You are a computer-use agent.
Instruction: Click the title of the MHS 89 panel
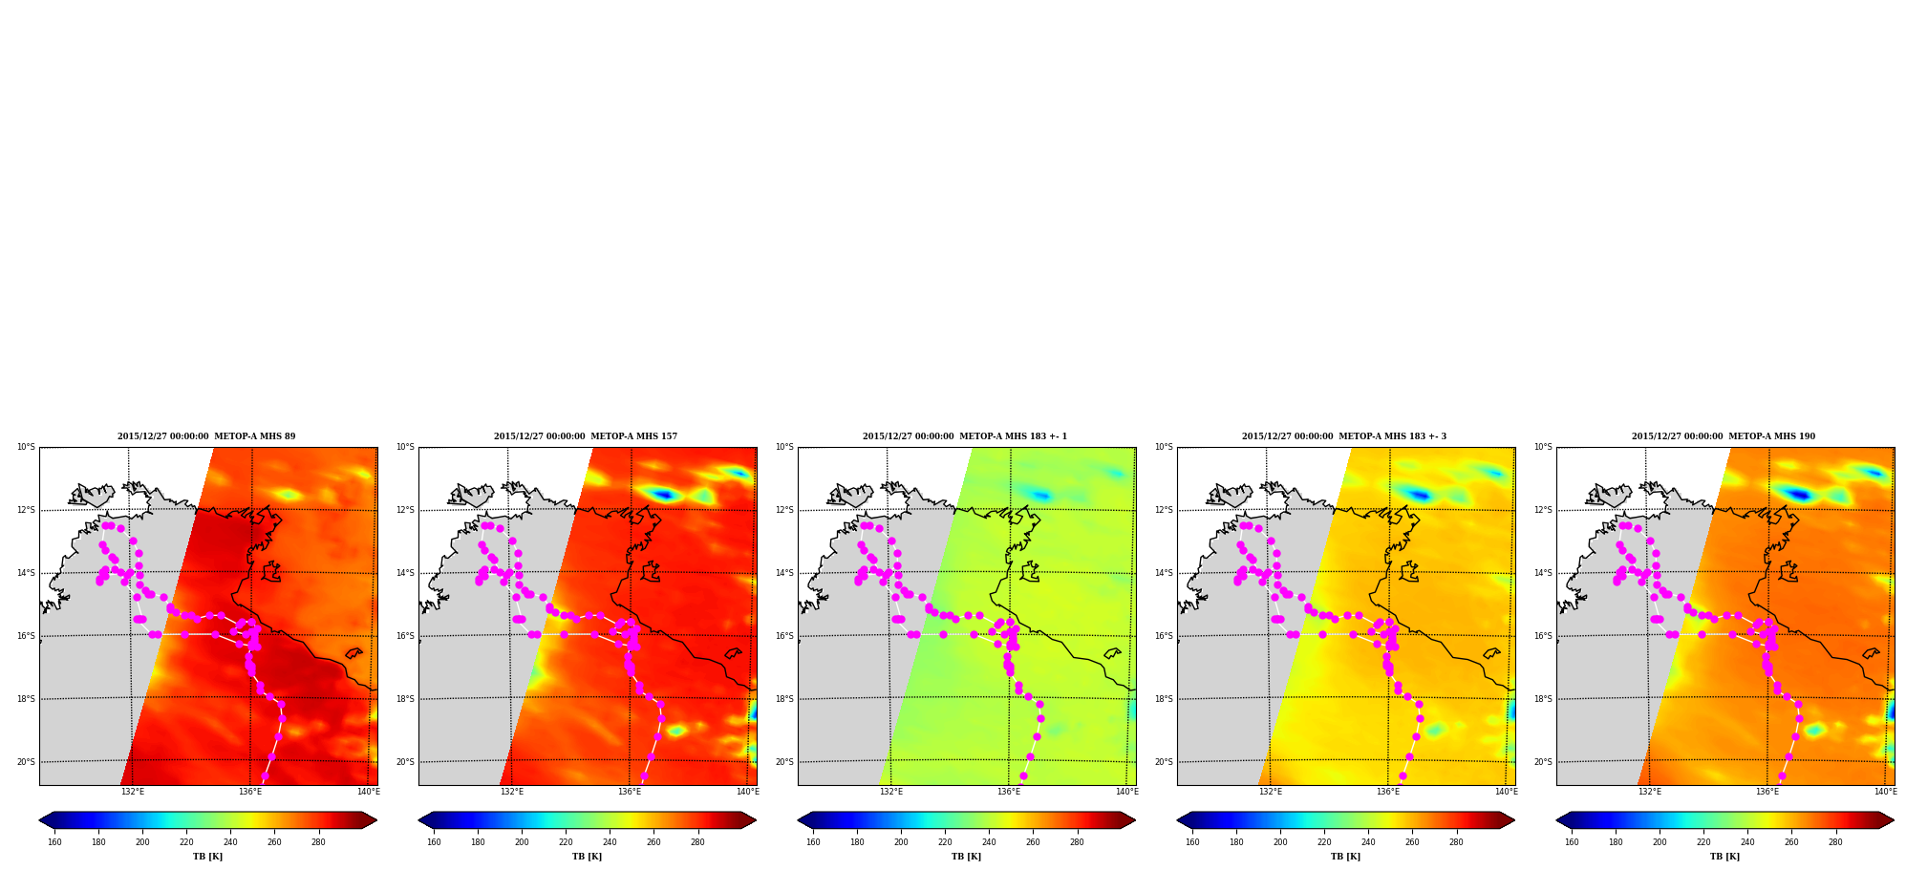pyautogui.click(x=206, y=436)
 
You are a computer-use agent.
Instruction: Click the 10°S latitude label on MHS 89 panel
pyautogui.click(x=26, y=447)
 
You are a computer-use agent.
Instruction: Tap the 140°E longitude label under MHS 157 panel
pyautogui.click(x=747, y=792)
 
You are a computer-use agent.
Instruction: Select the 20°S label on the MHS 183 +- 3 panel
pyautogui.click(x=1164, y=762)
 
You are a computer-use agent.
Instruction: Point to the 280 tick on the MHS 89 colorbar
pyautogui.click(x=318, y=842)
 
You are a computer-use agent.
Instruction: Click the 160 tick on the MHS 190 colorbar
pyautogui.click(x=1572, y=842)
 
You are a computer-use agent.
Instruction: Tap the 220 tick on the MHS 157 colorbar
pyautogui.click(x=566, y=842)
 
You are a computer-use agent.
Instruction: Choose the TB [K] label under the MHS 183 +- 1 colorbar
pyautogui.click(x=966, y=857)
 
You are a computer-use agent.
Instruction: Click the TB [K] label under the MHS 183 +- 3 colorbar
pyautogui.click(x=1345, y=857)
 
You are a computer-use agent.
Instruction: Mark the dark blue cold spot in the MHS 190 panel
pyautogui.click(x=1800, y=494)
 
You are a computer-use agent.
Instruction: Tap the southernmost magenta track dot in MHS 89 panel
pyautogui.click(x=265, y=776)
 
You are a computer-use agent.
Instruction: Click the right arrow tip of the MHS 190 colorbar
pyautogui.click(x=1894, y=820)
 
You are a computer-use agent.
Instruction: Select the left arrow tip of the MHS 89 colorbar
pyautogui.click(x=39, y=820)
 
